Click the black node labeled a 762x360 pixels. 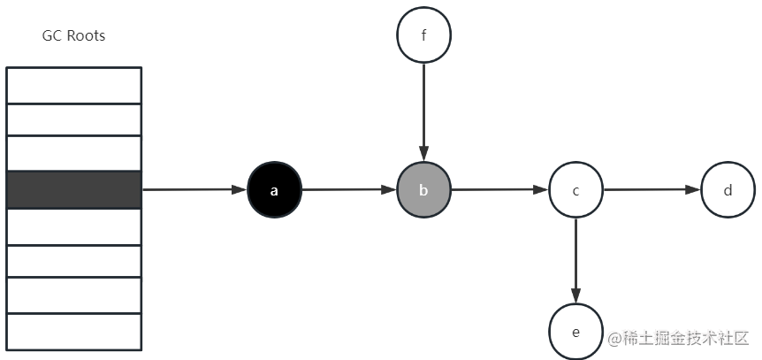(x=275, y=189)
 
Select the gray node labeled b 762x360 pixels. (x=423, y=189)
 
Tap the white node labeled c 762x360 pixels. (x=575, y=189)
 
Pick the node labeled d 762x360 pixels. (x=728, y=189)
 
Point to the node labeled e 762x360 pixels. (x=575, y=332)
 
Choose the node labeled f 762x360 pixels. (x=423, y=35)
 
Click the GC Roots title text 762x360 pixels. (x=74, y=36)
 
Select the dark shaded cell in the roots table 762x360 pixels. (x=74, y=189)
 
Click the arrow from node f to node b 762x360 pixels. (x=423, y=112)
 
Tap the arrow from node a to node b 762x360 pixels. (x=349, y=189)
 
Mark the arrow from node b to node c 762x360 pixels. (x=500, y=189)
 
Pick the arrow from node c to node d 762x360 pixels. (x=652, y=189)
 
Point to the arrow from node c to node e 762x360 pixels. (x=575, y=261)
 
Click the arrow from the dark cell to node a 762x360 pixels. (x=194, y=189)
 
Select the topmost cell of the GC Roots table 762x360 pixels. (x=74, y=85)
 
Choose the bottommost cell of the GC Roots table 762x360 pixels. (x=74, y=332)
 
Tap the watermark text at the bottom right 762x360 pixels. (x=678, y=338)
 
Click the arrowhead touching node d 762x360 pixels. (x=693, y=189)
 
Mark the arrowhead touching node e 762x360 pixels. (x=575, y=296)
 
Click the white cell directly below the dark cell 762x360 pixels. (x=74, y=227)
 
